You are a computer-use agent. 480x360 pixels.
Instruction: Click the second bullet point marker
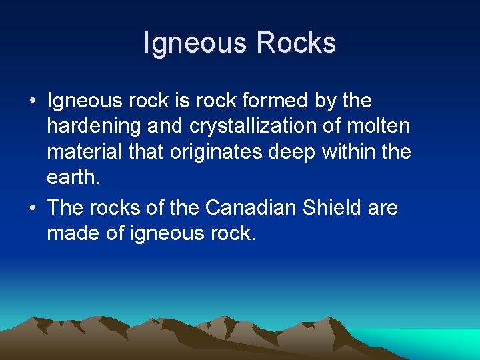[32, 209]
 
